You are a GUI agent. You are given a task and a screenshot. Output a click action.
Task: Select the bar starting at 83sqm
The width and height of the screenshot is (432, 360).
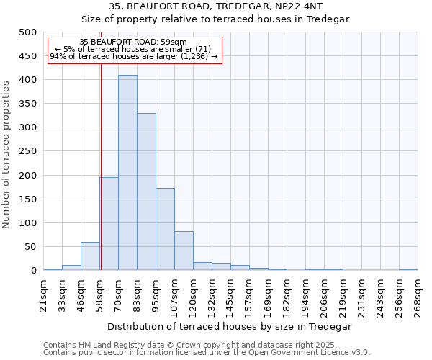[146, 192]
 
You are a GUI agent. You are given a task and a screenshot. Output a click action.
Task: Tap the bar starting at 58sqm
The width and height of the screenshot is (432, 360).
[109, 223]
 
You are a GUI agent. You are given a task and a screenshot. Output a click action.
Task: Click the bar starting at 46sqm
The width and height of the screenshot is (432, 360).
[90, 256]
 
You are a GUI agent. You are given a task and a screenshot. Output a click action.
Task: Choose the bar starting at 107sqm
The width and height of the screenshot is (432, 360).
[184, 251]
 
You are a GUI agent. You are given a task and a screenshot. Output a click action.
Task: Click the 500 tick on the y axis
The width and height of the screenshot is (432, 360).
[28, 32]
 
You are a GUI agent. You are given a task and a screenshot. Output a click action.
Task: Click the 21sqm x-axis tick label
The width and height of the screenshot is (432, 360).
[43, 295]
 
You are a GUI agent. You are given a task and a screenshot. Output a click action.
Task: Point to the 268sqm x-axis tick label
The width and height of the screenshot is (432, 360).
[418, 295]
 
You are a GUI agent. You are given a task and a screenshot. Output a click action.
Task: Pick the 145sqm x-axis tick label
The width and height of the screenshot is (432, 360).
[230, 295]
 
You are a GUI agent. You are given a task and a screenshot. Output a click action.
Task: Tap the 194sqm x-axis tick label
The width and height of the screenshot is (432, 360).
[305, 295]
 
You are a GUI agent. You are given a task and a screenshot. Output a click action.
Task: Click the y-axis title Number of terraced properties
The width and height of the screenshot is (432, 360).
[7, 154]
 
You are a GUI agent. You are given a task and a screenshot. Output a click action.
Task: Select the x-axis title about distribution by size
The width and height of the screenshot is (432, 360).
[230, 326]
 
